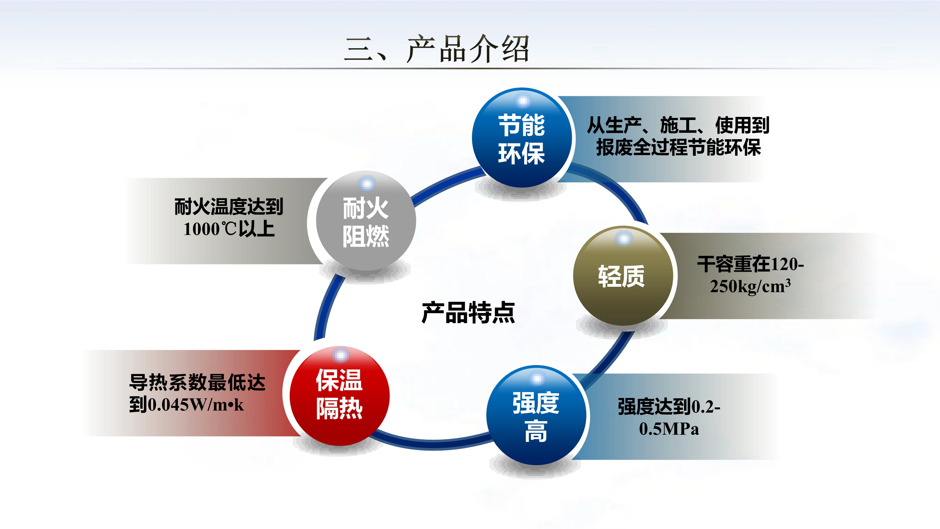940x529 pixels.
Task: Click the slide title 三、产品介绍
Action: pos(437,49)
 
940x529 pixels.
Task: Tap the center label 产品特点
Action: pos(468,312)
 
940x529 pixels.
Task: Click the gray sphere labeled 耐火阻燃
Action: pos(366,221)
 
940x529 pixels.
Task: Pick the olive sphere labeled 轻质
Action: pos(623,276)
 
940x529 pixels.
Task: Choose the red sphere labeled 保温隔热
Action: pos(339,396)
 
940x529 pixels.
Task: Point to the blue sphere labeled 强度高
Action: pos(536,416)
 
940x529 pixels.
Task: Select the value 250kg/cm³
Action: pos(750,286)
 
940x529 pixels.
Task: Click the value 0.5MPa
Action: pos(669,429)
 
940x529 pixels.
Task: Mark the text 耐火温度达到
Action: pos(229,207)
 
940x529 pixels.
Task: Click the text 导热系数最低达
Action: pos(197,383)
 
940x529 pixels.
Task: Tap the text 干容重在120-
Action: pos(750,264)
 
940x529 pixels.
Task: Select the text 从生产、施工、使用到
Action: pos(678,125)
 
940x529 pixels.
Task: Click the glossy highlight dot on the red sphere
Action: pos(340,355)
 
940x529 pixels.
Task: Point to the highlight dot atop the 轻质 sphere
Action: pos(624,239)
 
